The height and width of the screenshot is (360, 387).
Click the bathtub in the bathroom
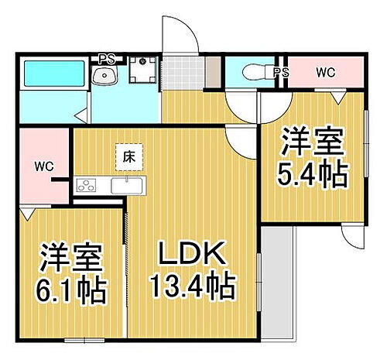pyautogui.click(x=51, y=74)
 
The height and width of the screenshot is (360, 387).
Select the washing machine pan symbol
pyautogui.click(x=142, y=73)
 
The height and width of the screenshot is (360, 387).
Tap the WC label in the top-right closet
pyautogui.click(x=326, y=73)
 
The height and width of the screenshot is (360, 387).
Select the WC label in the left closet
pyautogui.click(x=43, y=166)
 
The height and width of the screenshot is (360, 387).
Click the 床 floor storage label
pyautogui.click(x=126, y=156)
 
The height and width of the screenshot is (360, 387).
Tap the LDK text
pyautogui.click(x=191, y=255)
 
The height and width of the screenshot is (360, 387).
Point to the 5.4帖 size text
pyautogui.click(x=312, y=177)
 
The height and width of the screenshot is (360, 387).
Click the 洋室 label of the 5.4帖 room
pyautogui.click(x=312, y=143)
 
